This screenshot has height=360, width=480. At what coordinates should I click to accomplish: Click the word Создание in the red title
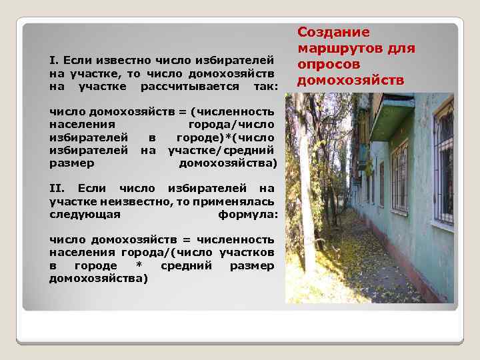324,32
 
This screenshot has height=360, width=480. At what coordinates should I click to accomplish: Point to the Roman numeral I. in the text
54,61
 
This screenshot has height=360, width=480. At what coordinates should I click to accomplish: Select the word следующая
85,214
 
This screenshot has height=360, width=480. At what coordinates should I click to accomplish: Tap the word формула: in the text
247,214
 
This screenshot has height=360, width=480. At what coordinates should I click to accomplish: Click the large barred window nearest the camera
443,163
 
